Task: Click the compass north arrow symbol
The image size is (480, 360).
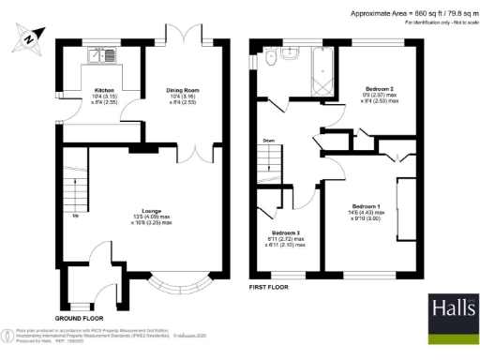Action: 29,38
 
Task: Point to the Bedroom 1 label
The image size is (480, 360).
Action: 367,208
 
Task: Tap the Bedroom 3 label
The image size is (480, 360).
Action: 286,236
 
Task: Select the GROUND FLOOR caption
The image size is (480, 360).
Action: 79,317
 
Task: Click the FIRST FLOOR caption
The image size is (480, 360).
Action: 270,285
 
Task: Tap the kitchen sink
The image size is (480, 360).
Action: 99,56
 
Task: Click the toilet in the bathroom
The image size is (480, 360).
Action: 270,60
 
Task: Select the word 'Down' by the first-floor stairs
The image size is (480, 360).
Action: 268,141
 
